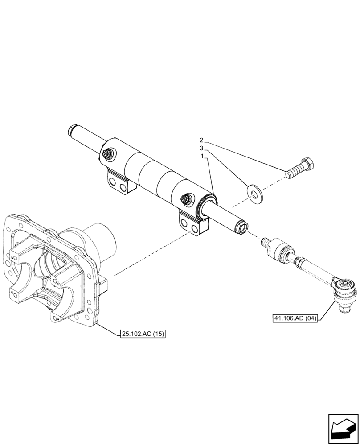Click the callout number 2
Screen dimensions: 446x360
pos(201,140)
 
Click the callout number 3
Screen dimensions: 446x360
pos(201,148)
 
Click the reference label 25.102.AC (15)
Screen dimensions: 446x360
pos(143,334)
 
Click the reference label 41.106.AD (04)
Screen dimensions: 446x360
pos(295,318)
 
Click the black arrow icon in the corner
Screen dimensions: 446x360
pos(342,428)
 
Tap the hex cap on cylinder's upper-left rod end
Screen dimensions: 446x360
pos(73,131)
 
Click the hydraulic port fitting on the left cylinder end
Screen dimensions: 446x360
pos(108,155)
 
